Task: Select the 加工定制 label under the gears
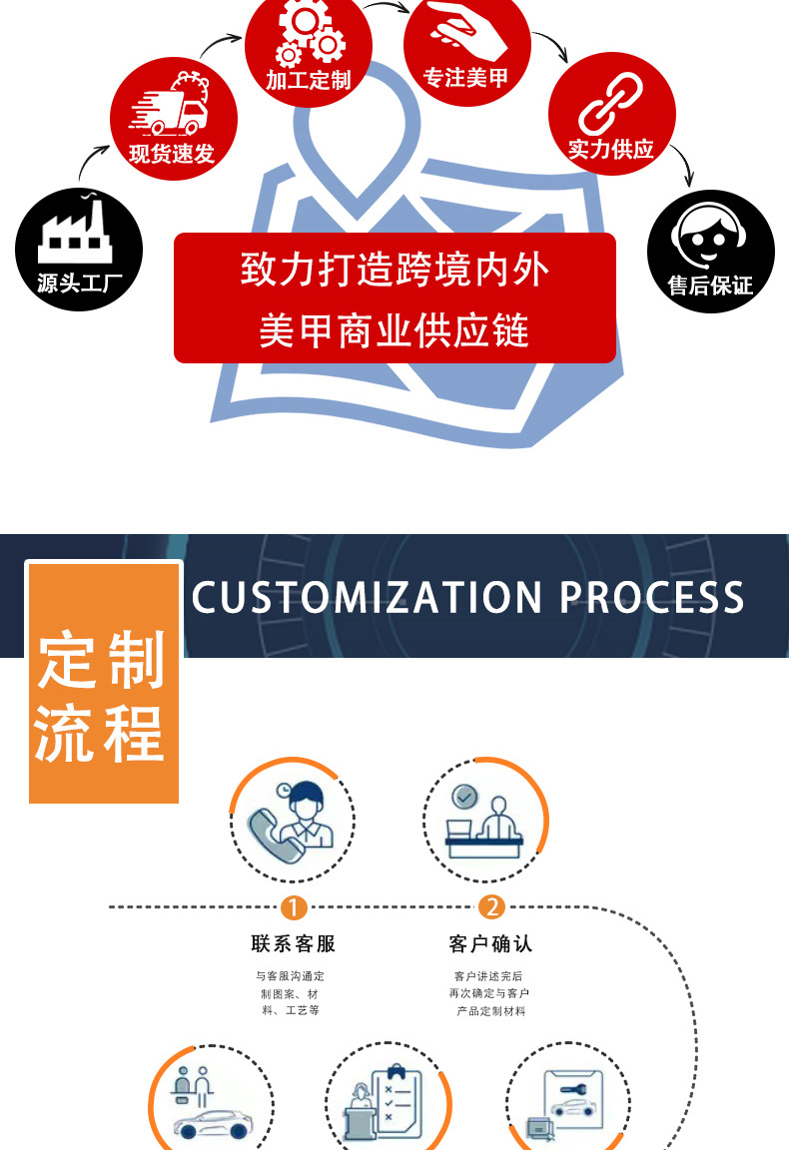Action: tap(308, 81)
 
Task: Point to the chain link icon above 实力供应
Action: tap(610, 103)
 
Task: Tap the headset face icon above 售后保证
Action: tap(710, 238)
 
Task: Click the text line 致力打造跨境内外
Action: tap(394, 270)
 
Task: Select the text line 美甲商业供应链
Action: tap(394, 329)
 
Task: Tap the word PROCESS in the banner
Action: tap(651, 597)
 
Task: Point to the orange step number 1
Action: tap(294, 907)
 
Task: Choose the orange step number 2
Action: tap(491, 907)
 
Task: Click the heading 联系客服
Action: tap(294, 943)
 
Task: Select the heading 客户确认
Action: tap(490, 943)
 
